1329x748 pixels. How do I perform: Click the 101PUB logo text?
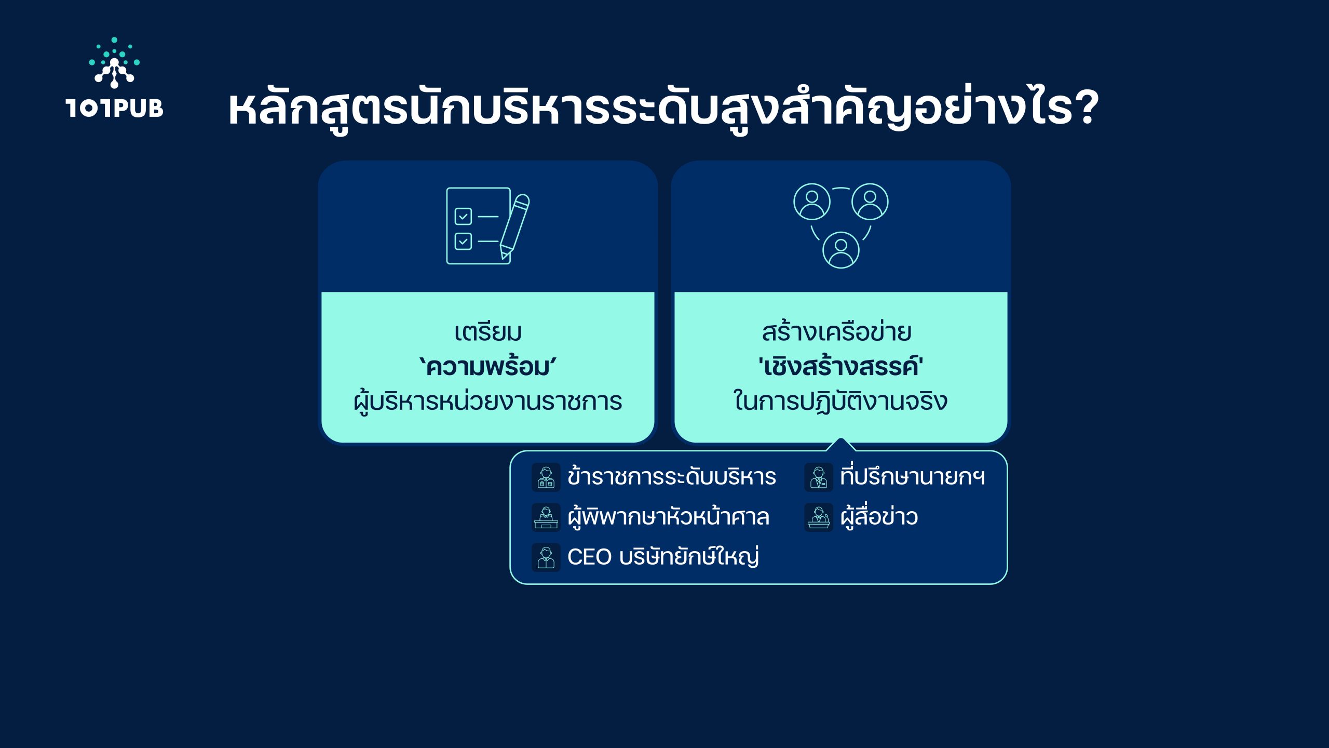point(115,108)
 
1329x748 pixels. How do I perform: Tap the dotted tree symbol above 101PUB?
point(114,62)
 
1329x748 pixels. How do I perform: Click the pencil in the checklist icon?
point(514,226)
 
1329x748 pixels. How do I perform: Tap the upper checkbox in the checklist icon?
point(463,216)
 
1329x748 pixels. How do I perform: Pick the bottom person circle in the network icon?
point(841,250)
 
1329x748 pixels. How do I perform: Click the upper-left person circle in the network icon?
point(812,202)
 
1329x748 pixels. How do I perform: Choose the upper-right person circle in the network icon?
point(870,202)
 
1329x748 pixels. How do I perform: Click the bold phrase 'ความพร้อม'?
point(487,367)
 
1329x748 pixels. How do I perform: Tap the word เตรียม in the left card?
point(488,332)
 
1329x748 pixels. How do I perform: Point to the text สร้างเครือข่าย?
point(836,331)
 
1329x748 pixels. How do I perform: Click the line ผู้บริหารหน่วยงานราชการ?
point(488,402)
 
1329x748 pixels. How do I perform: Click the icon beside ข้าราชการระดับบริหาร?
point(546,477)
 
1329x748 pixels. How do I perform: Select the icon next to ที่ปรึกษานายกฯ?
point(819,477)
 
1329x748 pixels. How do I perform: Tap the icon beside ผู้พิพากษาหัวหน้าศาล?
point(546,517)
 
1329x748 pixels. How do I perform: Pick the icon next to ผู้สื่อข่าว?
point(819,517)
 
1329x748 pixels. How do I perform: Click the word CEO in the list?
point(589,557)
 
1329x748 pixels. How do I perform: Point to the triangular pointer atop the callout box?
point(840,445)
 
